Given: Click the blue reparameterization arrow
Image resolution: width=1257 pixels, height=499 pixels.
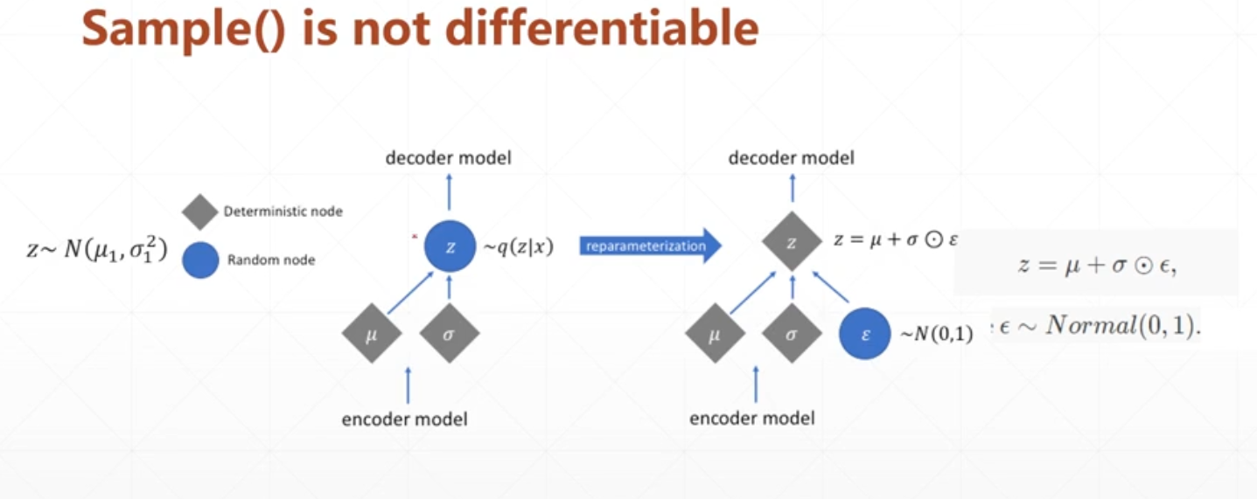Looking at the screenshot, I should point(651,246).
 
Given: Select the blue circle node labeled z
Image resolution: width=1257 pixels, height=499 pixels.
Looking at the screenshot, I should point(450,247).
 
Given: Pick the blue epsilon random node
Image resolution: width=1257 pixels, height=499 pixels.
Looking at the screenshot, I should point(864,333).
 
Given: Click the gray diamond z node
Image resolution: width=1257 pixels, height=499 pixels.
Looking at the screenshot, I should point(792,242).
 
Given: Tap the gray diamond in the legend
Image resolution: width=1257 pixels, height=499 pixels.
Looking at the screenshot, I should point(200,212).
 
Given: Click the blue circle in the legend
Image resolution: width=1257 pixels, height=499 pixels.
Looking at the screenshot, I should point(200,260).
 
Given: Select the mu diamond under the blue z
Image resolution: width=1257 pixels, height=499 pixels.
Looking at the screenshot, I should point(371,333).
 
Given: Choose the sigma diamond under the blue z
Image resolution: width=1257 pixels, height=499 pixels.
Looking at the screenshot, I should point(449,333).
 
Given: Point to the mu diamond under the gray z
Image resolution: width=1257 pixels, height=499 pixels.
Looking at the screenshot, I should point(715,333).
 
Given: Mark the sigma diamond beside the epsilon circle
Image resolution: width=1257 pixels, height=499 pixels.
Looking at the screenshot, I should point(792,333).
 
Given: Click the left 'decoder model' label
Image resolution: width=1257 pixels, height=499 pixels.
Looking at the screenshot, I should point(449,158).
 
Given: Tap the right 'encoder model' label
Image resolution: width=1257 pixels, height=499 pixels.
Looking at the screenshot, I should point(752,418).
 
